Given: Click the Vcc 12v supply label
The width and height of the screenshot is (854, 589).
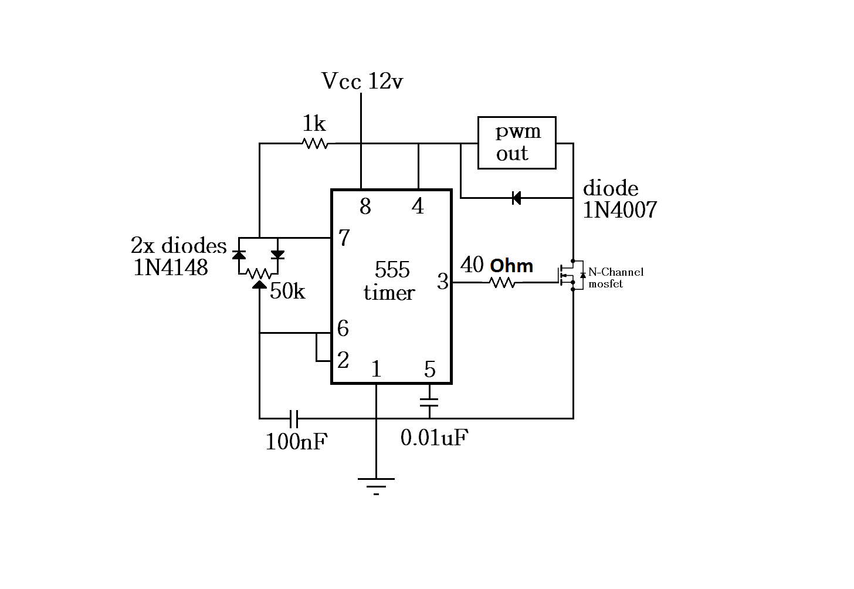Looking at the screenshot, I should coord(362,82).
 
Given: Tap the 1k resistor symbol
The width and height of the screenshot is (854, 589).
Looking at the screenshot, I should coord(315,143).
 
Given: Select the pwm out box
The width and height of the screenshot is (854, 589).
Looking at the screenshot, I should coord(517,143).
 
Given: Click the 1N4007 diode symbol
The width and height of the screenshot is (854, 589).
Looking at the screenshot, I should coord(516,198).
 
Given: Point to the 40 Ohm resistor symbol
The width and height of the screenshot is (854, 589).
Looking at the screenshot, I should coord(502,283).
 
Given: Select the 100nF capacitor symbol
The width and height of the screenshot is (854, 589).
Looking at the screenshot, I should coord(294,419).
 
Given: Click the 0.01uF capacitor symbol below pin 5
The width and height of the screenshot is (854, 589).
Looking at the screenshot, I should coord(429,402).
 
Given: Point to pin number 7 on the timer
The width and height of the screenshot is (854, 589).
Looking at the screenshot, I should coord(344,238).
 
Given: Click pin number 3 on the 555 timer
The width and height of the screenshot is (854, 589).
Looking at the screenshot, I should coord(442,282).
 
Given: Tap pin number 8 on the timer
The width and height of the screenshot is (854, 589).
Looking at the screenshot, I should coord(365,207).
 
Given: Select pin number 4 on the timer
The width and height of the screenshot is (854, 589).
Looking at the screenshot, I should coord(418,207).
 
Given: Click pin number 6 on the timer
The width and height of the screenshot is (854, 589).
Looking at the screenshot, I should coord(343,329).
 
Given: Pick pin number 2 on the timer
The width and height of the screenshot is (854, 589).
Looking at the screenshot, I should coord(343,360).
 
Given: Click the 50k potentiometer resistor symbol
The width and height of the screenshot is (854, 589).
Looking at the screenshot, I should coord(259,273).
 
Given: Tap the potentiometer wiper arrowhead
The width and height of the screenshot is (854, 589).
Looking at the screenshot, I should coord(259,285).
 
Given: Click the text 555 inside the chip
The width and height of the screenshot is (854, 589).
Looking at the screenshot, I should coord(392,270).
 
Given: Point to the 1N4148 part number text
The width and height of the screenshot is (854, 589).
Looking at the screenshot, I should coord(171,268).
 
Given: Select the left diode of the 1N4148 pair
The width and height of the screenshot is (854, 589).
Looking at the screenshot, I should coord(239,255).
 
